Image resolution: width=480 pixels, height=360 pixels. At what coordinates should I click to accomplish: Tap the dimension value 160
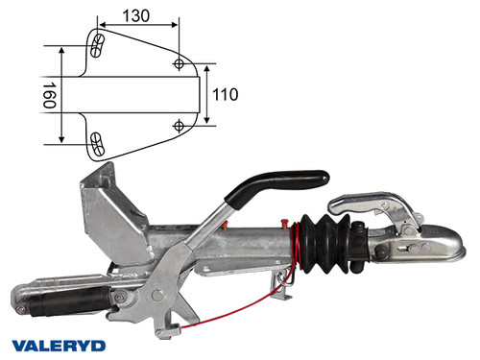coord(47,95)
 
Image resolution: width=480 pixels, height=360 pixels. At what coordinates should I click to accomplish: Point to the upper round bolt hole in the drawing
coord(180,63)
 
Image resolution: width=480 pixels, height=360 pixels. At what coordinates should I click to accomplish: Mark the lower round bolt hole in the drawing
coord(180,126)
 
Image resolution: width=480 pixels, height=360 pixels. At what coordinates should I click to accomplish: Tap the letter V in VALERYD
coord(19,342)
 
